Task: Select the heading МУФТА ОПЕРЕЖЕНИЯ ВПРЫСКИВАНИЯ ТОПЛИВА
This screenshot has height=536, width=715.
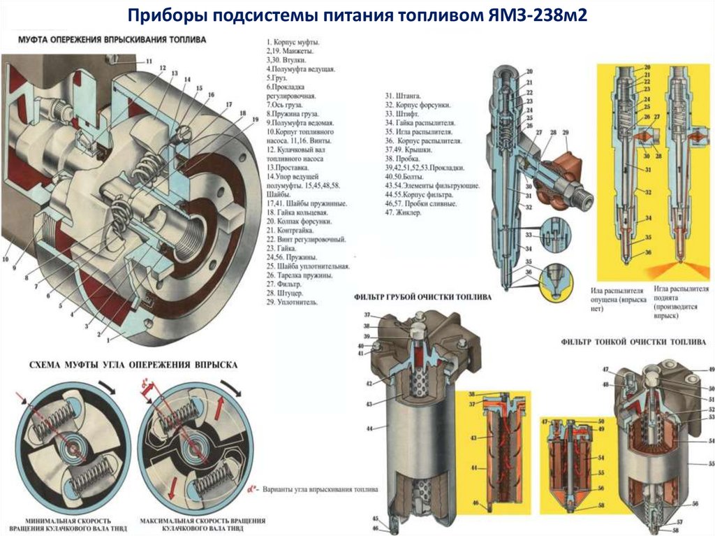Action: click(x=112, y=41)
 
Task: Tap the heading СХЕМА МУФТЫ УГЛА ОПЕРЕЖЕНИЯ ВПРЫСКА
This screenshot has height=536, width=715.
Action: click(x=133, y=365)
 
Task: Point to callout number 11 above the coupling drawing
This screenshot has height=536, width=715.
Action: click(x=148, y=61)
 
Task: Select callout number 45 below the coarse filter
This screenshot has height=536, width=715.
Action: click(x=375, y=518)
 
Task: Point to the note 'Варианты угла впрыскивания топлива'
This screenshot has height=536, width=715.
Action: click(x=320, y=490)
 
